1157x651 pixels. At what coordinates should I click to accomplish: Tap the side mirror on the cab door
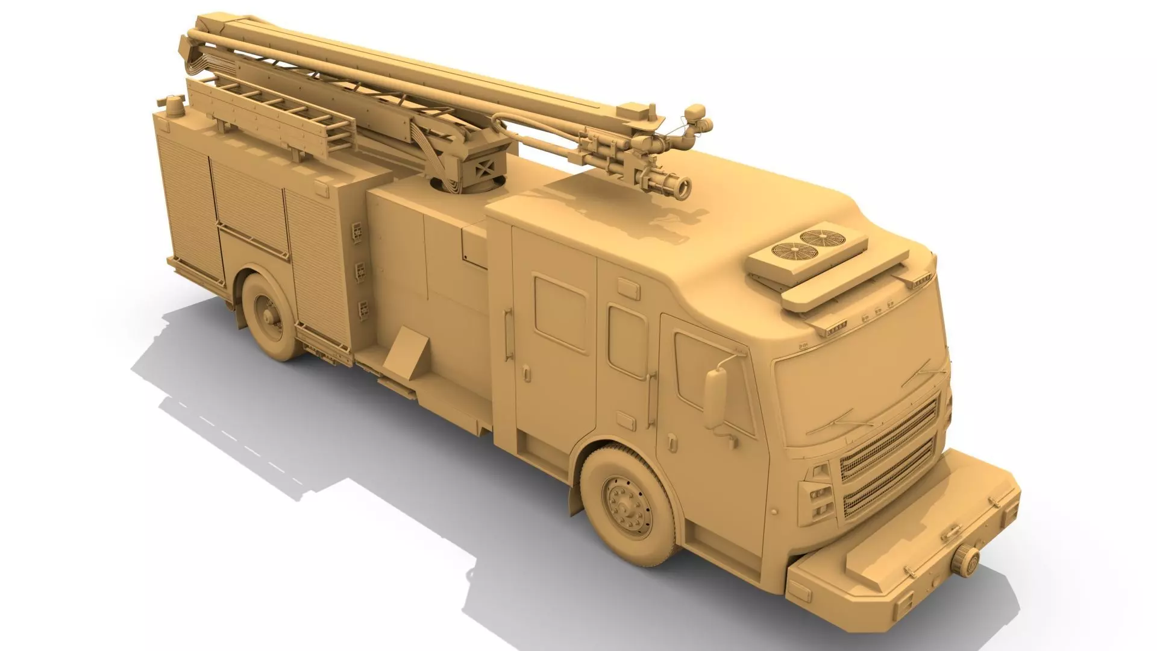click(x=716, y=398)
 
